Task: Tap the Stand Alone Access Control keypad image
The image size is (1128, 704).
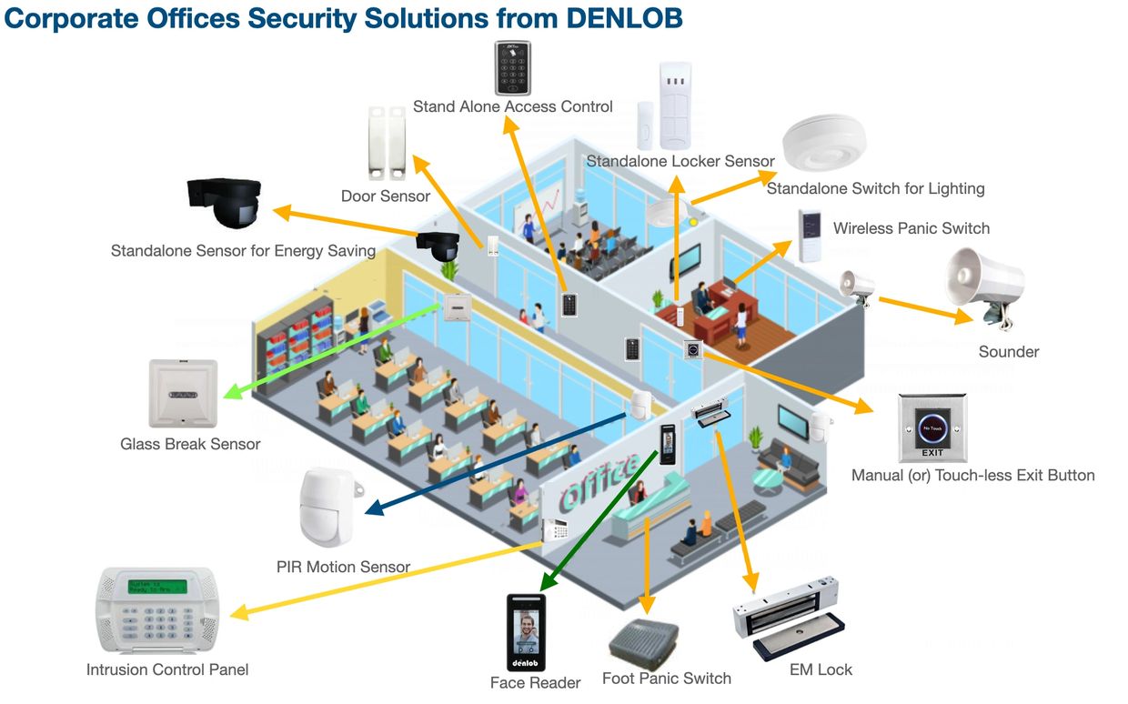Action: [x=512, y=67]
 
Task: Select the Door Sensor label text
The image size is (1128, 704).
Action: [x=386, y=196]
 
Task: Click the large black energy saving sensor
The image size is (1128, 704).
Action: [x=224, y=201]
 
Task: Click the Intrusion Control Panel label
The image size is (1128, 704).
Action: [x=167, y=669]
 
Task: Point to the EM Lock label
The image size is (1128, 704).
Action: [x=821, y=669]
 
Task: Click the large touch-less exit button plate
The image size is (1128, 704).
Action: [x=932, y=427]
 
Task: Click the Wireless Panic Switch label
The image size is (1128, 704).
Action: [x=911, y=227]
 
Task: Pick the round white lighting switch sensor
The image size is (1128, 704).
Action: [x=824, y=143]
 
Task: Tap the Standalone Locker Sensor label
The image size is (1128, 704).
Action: [x=680, y=161]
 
